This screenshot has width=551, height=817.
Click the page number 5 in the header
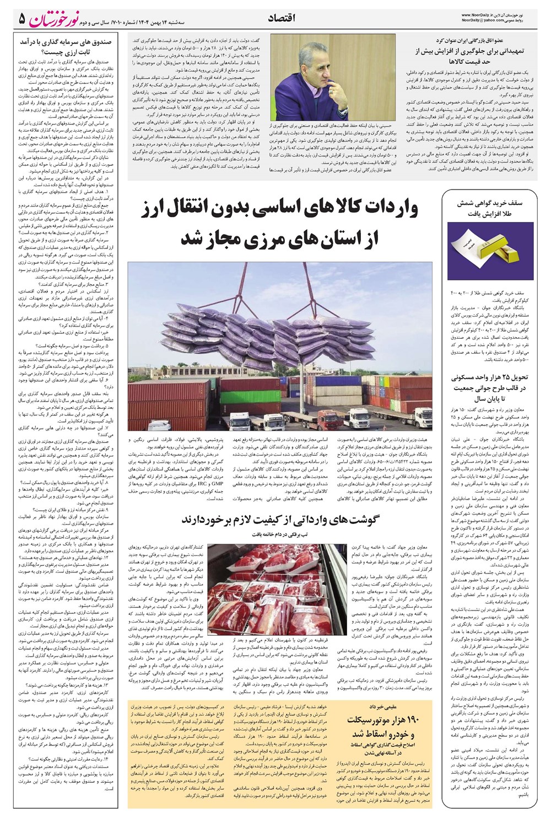tap(21, 19)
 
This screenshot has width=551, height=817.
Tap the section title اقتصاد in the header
tap(282, 19)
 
